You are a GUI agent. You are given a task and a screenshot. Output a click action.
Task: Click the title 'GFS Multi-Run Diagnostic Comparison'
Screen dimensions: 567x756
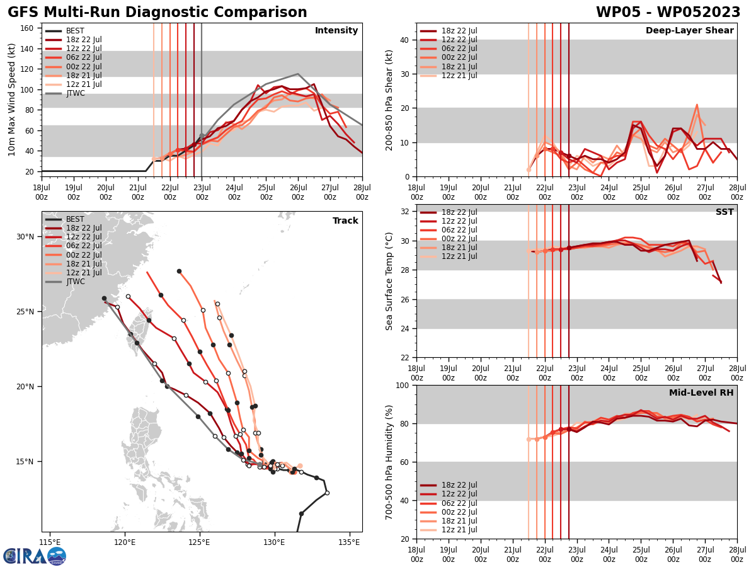(x=157, y=13)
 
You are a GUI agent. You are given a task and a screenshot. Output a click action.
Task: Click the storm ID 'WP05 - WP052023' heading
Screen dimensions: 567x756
(x=668, y=13)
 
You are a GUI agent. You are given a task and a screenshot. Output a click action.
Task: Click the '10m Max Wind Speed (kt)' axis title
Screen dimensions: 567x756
(x=11, y=100)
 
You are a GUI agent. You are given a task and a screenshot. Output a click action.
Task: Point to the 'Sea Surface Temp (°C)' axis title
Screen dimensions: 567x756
(x=389, y=281)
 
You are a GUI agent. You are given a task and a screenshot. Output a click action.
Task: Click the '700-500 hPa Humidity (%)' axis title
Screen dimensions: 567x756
(x=389, y=462)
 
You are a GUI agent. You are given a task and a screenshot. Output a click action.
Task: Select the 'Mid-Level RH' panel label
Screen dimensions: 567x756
(x=701, y=393)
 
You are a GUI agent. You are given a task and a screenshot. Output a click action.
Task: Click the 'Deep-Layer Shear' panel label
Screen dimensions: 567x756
(x=689, y=31)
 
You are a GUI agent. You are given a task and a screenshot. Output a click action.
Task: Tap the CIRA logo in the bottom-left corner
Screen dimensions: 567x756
(x=34, y=556)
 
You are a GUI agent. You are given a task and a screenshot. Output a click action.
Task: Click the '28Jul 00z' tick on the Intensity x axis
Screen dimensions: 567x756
(x=362, y=192)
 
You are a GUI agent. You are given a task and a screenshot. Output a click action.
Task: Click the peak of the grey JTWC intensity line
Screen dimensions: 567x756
(x=298, y=74)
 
